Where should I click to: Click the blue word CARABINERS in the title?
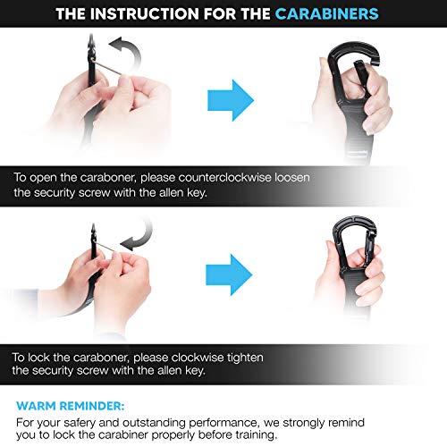point(326,13)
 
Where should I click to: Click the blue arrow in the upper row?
point(231,100)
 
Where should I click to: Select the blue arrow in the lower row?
point(229,274)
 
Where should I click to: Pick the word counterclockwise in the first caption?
point(225,177)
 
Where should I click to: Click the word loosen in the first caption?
point(292,177)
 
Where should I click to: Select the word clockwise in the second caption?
point(198,357)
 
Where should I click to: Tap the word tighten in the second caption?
point(245,358)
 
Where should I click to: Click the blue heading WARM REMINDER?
point(71,406)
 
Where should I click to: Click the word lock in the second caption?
point(38,357)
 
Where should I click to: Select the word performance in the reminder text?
point(223,423)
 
